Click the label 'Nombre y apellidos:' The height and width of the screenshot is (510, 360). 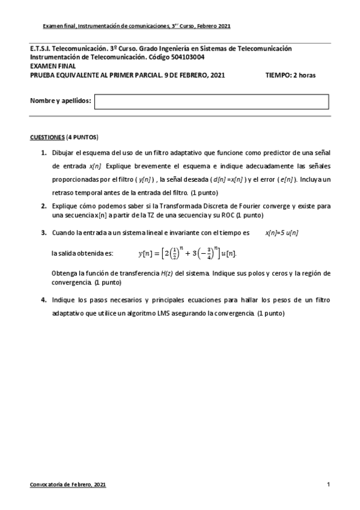pos(60,101)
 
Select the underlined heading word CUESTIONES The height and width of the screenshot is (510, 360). pos(47,137)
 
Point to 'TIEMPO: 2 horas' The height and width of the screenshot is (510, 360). pos(290,75)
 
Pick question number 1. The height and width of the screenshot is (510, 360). pos(44,153)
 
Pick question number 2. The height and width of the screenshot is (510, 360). pos(44,206)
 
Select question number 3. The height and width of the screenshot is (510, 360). pos(44,232)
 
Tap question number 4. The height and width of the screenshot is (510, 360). pos(44,300)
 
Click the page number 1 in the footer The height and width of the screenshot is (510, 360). pos(328,484)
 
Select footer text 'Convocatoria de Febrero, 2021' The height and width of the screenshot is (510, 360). pos(68,484)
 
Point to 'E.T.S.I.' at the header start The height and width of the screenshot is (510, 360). pos(40,48)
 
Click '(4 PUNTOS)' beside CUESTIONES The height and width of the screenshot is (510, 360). pos(82,137)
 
